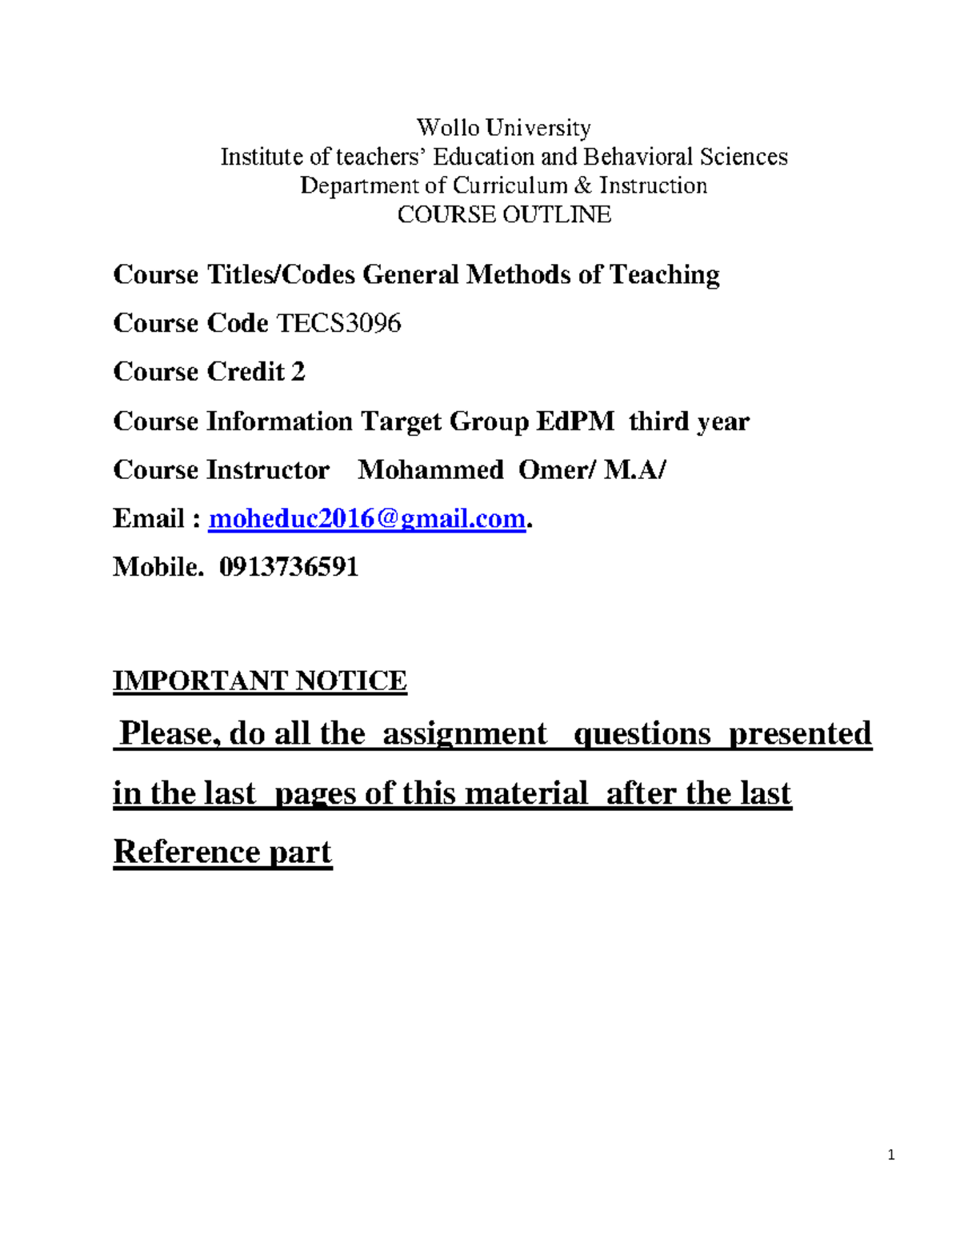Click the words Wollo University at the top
point(503,128)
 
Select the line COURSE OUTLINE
point(504,214)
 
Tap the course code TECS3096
point(338,323)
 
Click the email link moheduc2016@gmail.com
point(366,519)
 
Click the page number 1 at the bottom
point(891,1155)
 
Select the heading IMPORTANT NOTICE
point(260,681)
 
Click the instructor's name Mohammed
point(430,469)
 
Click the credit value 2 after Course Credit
point(298,372)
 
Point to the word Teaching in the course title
point(664,275)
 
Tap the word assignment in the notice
point(464,733)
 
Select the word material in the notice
point(526,793)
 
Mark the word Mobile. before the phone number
point(158,567)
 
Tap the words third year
point(689,421)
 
